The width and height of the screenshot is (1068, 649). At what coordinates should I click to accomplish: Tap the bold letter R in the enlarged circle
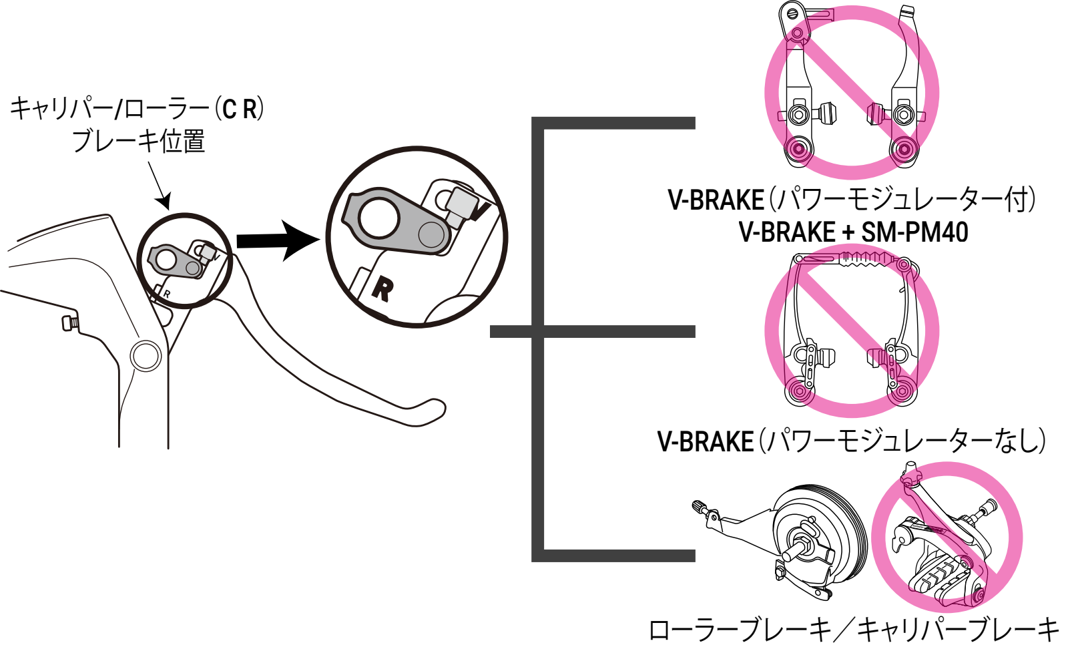382,288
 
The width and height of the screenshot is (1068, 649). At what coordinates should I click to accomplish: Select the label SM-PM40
914,232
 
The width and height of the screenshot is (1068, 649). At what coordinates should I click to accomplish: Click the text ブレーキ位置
138,142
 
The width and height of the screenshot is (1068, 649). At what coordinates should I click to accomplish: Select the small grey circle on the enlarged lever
431,234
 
